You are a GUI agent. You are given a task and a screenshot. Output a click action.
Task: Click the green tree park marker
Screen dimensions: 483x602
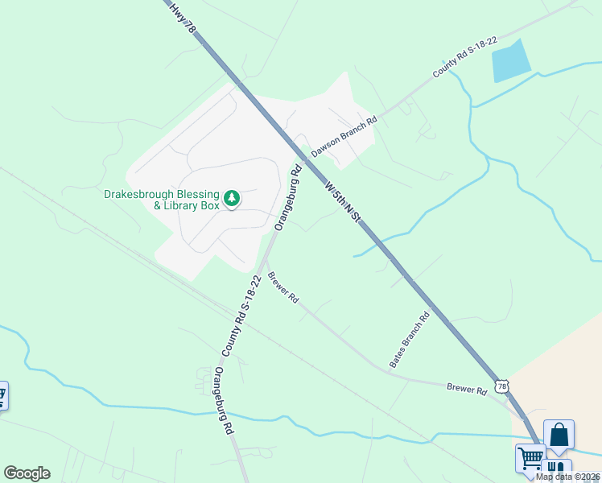[x=232, y=197]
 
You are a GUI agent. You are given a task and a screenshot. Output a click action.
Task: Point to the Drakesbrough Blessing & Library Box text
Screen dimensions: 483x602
[x=162, y=200]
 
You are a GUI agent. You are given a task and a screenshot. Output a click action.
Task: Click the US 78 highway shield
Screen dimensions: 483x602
[x=502, y=386]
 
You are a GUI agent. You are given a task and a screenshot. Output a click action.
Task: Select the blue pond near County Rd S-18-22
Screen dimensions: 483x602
[x=511, y=60]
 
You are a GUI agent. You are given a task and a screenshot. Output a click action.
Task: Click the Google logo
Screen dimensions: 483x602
[x=27, y=473]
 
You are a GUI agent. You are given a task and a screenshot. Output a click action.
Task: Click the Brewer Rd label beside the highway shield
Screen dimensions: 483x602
[x=468, y=390]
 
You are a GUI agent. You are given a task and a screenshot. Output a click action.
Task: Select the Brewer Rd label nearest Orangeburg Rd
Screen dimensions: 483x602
[x=283, y=287]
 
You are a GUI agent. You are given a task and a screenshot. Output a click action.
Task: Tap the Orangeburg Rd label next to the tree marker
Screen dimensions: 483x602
[x=288, y=197]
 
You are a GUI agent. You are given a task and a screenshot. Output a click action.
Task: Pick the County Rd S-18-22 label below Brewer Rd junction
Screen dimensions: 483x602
[x=241, y=316]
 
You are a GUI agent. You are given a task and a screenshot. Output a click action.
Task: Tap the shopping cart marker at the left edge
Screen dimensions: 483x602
[x=2, y=395]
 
